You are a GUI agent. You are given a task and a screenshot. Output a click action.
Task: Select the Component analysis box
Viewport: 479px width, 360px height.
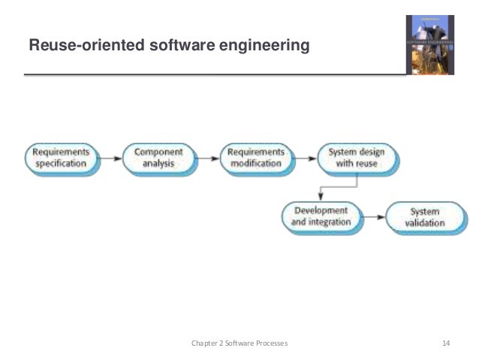[158, 157]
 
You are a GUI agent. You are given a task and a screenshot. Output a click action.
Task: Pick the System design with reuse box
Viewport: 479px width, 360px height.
[352, 157]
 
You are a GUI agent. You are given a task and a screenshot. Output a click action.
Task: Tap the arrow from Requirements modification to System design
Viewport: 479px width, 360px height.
[303, 158]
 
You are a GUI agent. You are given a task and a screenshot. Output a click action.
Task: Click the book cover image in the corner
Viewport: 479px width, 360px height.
[429, 44]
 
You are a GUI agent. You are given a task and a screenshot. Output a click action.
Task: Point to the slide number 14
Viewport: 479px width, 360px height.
[445, 343]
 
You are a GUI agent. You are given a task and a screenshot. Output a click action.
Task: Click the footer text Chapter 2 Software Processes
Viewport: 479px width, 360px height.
[239, 343]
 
